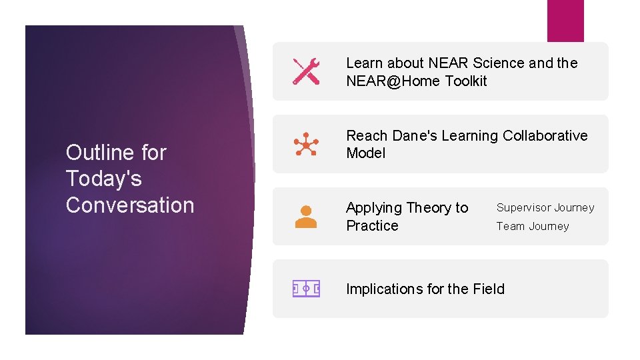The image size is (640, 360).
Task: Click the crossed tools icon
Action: (306, 71)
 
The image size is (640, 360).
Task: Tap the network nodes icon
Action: (306, 144)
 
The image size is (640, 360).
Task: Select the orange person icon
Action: (306, 217)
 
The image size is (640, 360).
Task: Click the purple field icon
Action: (306, 289)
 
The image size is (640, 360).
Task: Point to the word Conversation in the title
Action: (130, 205)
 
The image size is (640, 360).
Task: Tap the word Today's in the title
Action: (104, 179)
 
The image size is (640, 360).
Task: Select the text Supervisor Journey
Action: (545, 208)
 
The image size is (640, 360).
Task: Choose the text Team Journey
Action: (533, 227)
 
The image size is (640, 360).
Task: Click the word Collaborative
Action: (545, 136)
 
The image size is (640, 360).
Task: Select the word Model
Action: (365, 153)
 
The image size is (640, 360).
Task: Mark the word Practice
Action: (372, 226)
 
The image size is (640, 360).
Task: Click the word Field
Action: (489, 289)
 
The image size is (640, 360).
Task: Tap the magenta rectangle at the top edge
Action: (565, 20)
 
